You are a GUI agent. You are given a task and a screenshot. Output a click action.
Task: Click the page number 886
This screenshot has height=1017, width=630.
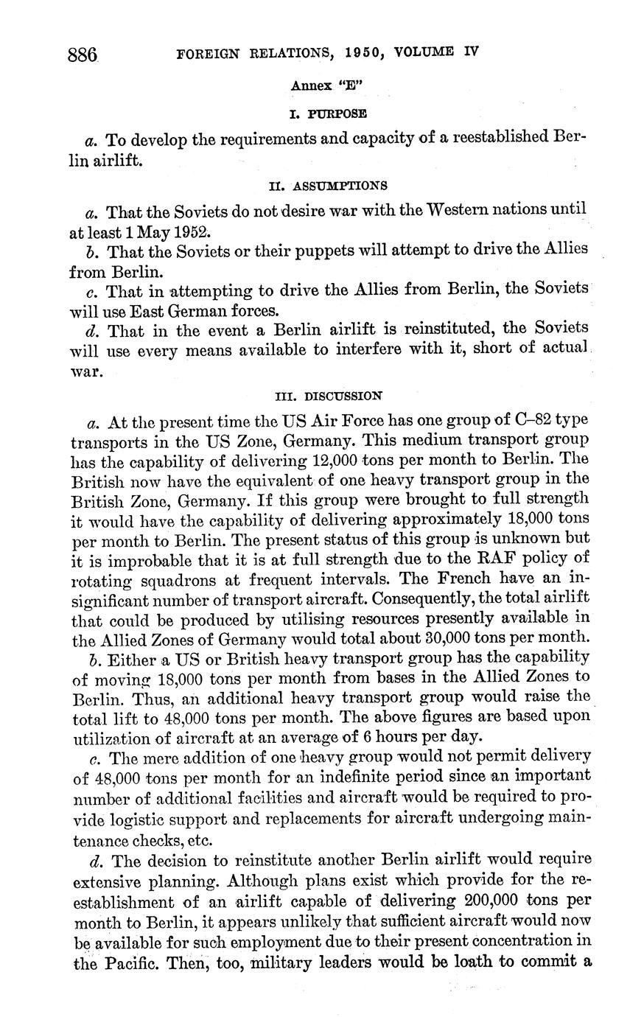(x=83, y=54)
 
